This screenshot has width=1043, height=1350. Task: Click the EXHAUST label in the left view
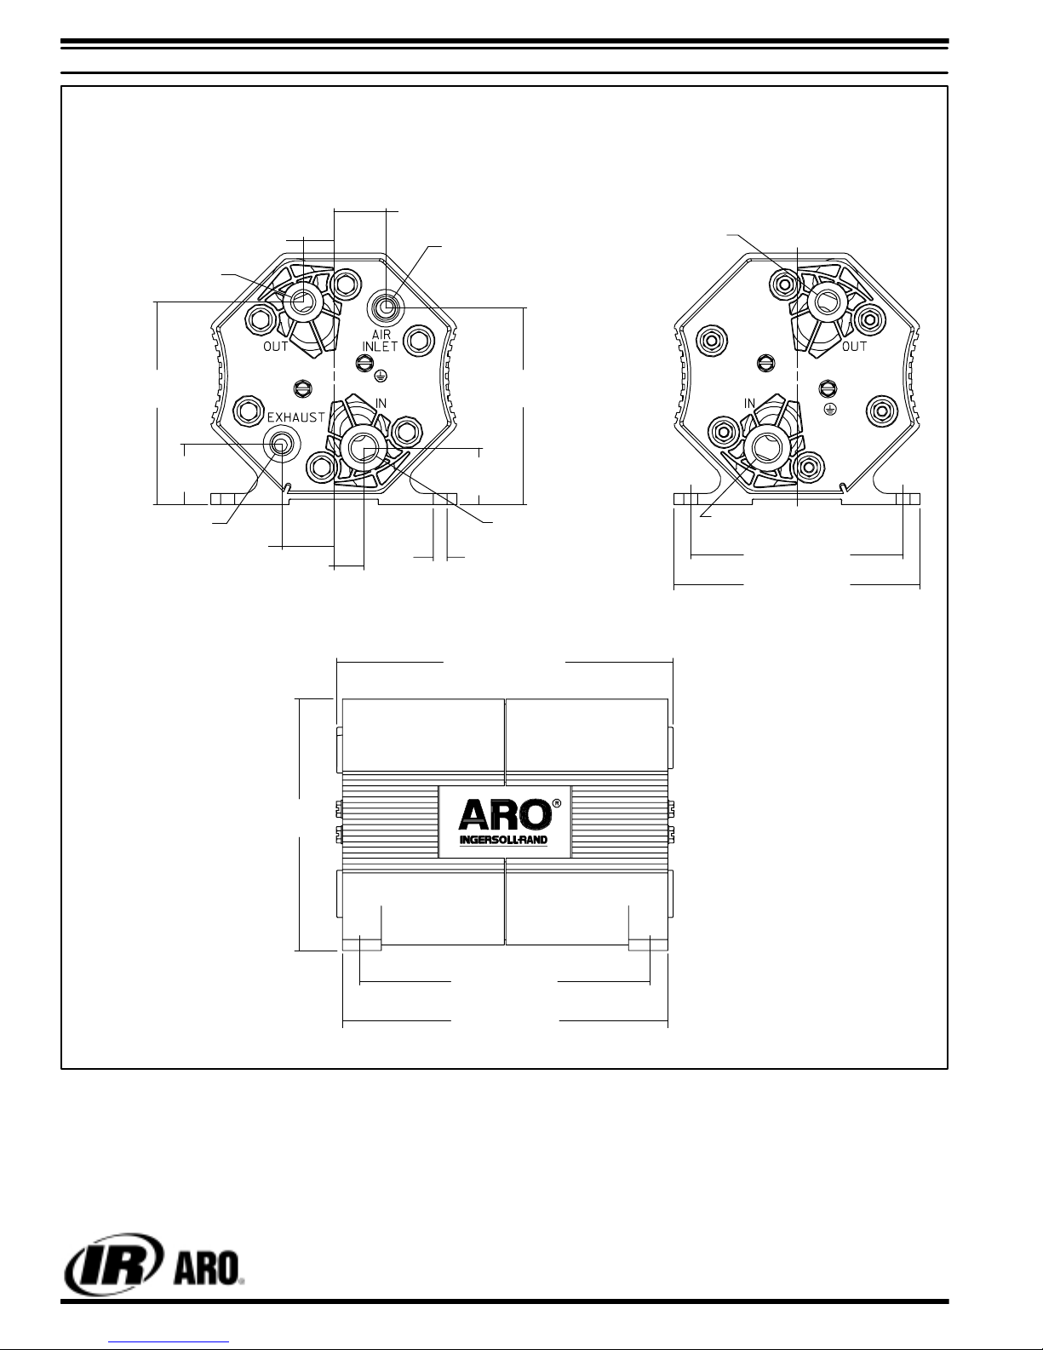pyautogui.click(x=296, y=416)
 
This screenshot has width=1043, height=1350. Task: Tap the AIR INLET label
pyautogui.click(x=380, y=341)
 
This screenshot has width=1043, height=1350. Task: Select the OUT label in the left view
pyautogui.click(x=276, y=347)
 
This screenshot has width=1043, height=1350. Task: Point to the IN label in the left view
pyautogui.click(x=381, y=403)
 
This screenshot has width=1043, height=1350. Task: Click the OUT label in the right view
pyautogui.click(x=854, y=347)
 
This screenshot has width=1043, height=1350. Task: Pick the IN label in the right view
pyautogui.click(x=749, y=403)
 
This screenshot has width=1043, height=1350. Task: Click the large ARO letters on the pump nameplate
pyautogui.click(x=505, y=814)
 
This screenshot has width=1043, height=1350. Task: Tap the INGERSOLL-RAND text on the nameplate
pyautogui.click(x=503, y=841)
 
